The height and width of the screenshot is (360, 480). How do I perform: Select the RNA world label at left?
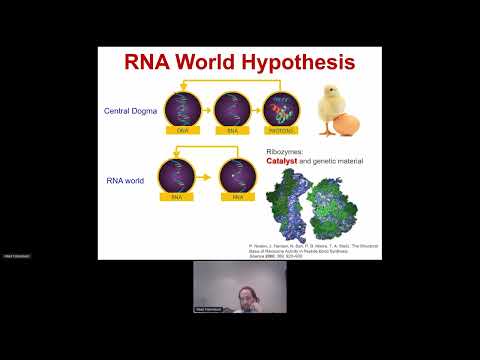(128, 181)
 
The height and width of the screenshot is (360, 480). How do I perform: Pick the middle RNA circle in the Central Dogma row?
(232, 109)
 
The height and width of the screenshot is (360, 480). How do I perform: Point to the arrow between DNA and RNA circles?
(208, 110)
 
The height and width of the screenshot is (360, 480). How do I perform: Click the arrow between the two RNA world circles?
(210, 177)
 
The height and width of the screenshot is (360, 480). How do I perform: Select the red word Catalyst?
(283, 160)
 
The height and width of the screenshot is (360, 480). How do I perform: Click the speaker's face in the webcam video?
(243, 292)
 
